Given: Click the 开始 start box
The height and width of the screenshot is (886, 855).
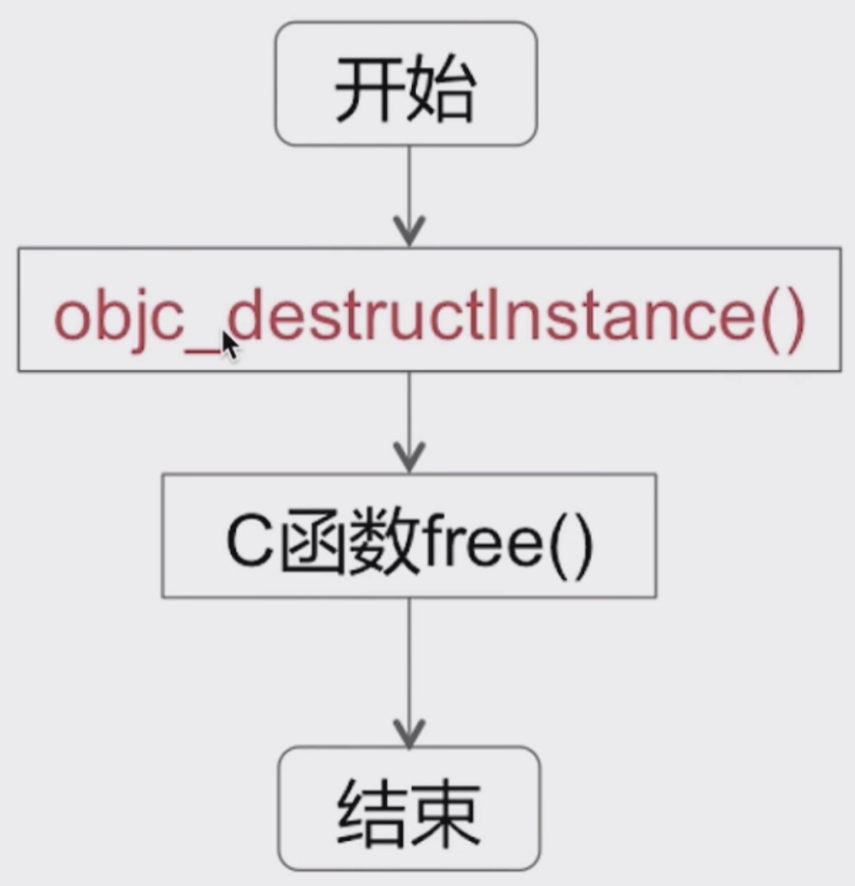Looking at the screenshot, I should pos(406,84).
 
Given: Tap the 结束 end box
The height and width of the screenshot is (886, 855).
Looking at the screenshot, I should pos(409,808).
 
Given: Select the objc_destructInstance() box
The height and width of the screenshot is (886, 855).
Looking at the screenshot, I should pos(429,310).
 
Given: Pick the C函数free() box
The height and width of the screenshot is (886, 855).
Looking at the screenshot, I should pos(409,536).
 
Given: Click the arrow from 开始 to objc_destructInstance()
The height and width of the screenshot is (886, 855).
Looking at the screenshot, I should pos(409,196).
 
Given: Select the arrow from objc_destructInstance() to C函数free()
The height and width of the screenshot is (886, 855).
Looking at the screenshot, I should pos(409,422).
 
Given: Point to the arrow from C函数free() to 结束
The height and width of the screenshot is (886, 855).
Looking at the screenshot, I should pos(409,672).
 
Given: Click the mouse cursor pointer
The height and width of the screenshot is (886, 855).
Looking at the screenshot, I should pos(229,345).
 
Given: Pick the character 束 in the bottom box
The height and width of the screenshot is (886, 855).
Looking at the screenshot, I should pos(446,812).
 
